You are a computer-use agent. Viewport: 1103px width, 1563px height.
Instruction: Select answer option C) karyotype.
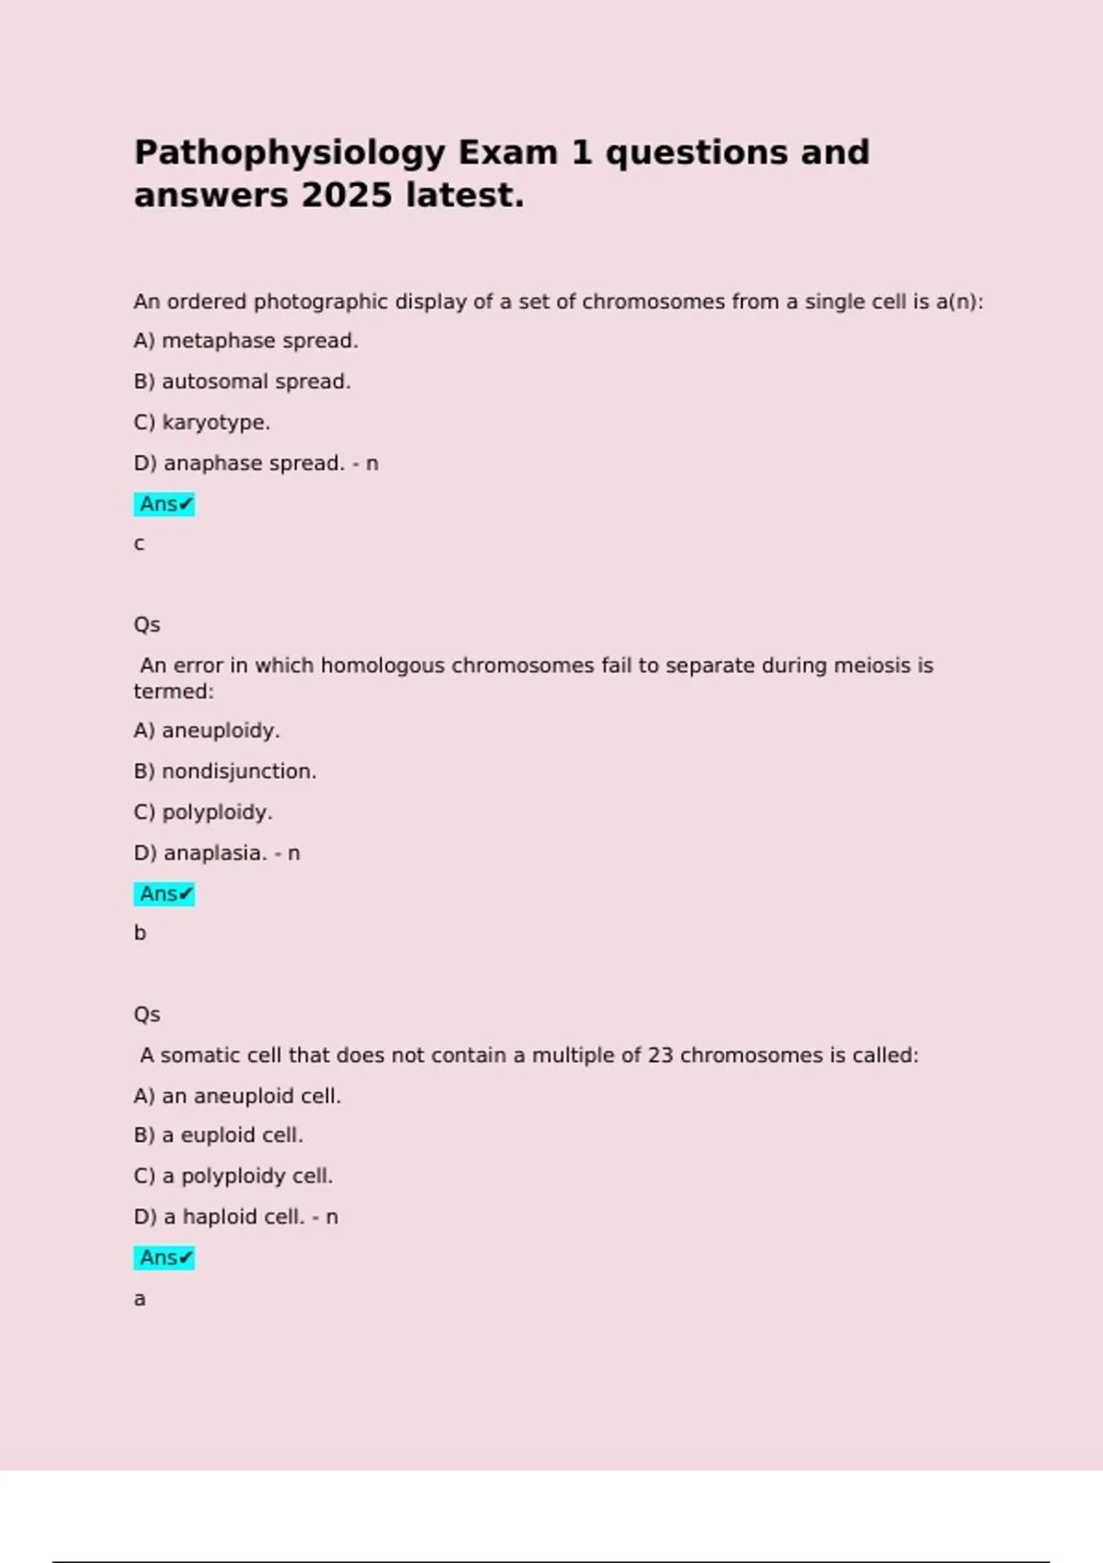[x=201, y=423]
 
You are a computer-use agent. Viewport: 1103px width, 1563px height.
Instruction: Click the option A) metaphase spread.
[x=245, y=341]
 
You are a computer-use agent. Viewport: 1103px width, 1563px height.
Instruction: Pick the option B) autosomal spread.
[x=242, y=382]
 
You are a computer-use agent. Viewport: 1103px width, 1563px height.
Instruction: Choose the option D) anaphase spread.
[x=239, y=463]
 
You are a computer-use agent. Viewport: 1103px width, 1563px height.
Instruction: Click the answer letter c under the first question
[x=139, y=544]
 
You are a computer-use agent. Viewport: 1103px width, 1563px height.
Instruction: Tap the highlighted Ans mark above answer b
[x=165, y=894]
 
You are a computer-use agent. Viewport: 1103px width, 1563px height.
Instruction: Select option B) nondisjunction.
[x=224, y=771]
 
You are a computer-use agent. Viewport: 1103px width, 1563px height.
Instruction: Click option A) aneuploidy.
[x=206, y=731]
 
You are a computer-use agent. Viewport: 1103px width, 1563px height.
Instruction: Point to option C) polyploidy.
[x=202, y=813]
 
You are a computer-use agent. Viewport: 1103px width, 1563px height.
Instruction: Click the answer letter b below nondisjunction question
[x=140, y=933]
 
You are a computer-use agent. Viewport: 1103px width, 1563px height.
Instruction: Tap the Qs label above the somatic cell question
[x=147, y=1015]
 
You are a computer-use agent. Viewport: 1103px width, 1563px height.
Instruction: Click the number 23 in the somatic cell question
[x=660, y=1055]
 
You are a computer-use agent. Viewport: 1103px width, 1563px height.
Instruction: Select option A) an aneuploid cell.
[x=237, y=1096]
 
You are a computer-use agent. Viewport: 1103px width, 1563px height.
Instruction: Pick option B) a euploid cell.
[x=218, y=1135]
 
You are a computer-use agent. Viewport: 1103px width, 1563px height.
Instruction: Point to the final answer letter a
[x=140, y=1299]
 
